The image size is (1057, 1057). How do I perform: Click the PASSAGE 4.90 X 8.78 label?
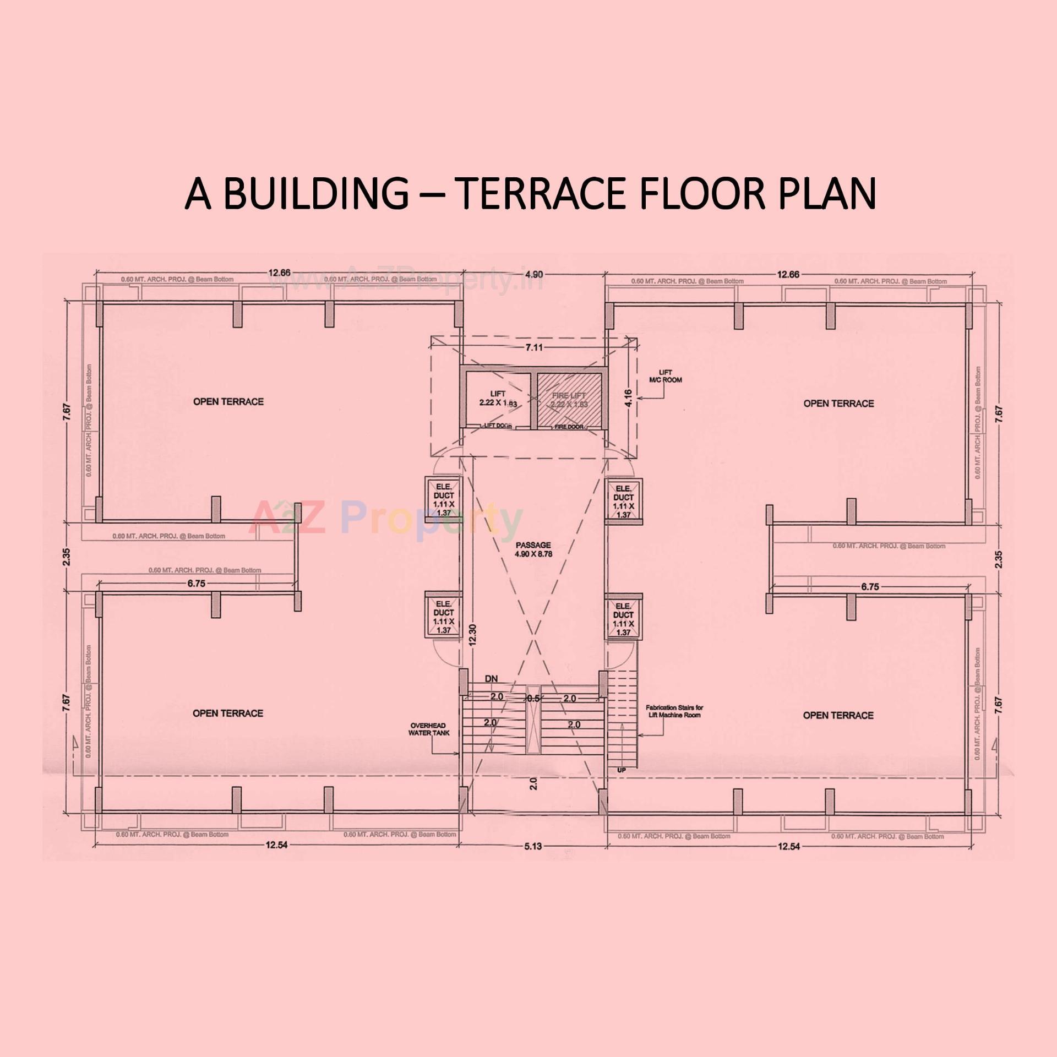coord(533,549)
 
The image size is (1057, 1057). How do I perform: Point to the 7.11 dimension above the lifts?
coord(533,347)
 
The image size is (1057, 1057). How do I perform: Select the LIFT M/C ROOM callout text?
coord(665,376)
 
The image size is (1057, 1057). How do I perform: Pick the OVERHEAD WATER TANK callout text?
coord(428,729)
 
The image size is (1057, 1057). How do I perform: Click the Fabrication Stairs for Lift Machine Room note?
coord(674,711)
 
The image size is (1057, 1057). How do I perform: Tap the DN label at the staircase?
coord(491,679)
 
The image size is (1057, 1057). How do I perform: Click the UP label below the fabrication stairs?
coord(621,770)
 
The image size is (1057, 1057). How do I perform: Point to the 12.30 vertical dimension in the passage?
coord(472,635)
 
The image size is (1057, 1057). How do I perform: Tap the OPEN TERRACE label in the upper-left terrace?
coord(228,402)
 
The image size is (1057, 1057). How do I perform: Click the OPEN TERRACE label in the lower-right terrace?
coord(838,715)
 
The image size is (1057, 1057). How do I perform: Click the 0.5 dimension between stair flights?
coord(533,698)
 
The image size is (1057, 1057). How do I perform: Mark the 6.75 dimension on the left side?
coord(196,584)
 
